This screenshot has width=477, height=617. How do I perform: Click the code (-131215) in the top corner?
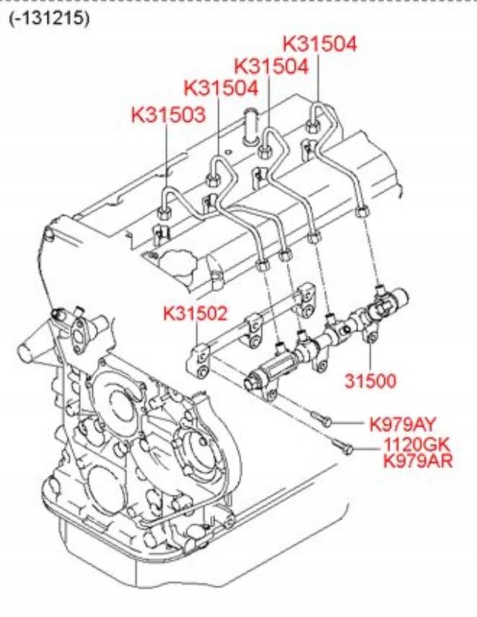[49, 18]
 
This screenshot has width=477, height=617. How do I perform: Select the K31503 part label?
[168, 114]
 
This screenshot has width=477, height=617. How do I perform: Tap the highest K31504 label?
[320, 43]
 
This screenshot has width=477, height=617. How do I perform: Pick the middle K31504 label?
[271, 66]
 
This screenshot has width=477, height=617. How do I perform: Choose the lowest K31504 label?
[221, 88]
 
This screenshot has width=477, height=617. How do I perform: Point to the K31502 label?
[195, 313]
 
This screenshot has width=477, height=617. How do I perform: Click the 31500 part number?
[370, 381]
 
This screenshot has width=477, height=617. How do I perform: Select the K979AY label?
[402, 424]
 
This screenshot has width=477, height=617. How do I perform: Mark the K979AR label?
[418, 462]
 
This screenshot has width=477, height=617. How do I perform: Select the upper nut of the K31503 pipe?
[163, 213]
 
